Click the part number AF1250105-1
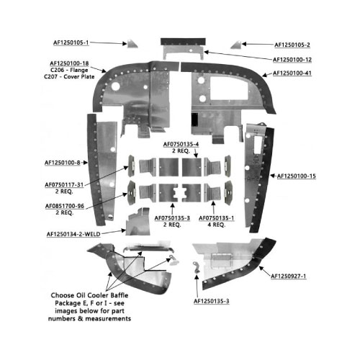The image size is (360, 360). [x=71, y=42]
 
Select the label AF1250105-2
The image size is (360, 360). [x=292, y=45]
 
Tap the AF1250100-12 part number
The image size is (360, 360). [x=292, y=60]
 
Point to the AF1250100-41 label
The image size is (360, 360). [x=292, y=73]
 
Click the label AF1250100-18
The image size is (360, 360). [x=69, y=63]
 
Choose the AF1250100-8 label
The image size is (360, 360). [x=63, y=163]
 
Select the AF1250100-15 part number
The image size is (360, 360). [x=297, y=176]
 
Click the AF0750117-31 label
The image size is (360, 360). [x=64, y=185]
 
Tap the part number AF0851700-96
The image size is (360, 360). [x=65, y=206]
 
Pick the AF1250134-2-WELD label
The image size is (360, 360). [x=73, y=234]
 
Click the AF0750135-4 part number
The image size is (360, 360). [x=181, y=145]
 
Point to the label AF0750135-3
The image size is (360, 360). [x=172, y=218]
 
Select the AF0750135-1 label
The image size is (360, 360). [x=216, y=218]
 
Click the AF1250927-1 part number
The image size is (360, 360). [x=289, y=276]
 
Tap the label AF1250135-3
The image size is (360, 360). [x=212, y=301]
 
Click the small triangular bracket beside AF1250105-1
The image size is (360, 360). [x=132, y=43]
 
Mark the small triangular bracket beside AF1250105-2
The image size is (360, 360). [x=236, y=45]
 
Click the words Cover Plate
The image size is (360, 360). [x=79, y=77]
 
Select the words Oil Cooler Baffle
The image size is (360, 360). [x=102, y=295]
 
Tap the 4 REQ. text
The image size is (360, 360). [x=216, y=225]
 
